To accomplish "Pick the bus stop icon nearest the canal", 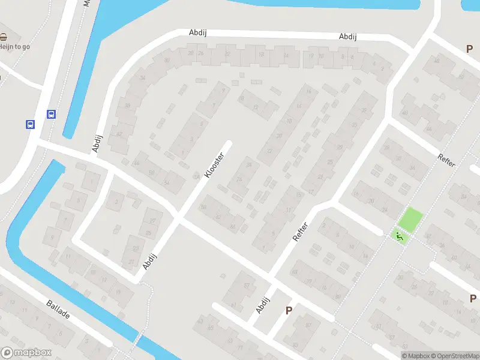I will [x=52, y=114].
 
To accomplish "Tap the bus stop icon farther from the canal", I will [x=30, y=124].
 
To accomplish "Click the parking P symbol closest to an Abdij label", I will [x=289, y=310].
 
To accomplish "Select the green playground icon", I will [x=400, y=236].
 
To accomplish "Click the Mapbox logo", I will [x=27, y=353].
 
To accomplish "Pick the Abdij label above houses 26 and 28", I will [x=197, y=32].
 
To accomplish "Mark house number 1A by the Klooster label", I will [x=196, y=176].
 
